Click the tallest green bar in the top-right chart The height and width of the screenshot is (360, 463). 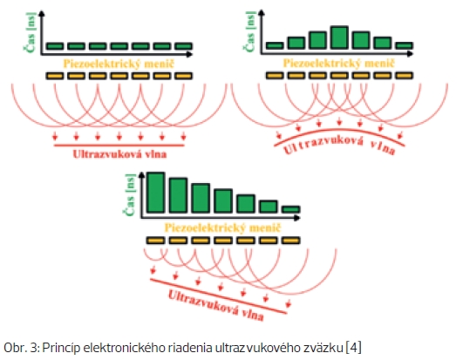click(x=339, y=37)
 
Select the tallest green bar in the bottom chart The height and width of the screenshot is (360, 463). click(x=155, y=193)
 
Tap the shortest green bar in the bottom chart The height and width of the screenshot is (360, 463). click(x=291, y=209)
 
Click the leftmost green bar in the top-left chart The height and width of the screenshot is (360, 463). click(x=55, y=46)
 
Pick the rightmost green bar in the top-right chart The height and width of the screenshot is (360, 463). click(x=404, y=45)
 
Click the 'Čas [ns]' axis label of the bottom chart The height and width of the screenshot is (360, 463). click(x=130, y=194)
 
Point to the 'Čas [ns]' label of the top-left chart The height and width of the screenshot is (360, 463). click(x=31, y=32)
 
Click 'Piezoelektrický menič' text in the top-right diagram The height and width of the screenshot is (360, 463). click(x=338, y=63)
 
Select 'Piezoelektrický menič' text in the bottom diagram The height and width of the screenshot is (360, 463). click(x=222, y=228)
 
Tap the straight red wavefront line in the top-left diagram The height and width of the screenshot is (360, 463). click(x=119, y=146)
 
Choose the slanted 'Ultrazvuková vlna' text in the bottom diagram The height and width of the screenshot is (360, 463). click(x=216, y=305)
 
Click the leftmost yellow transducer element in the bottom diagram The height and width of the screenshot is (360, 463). click(x=155, y=241)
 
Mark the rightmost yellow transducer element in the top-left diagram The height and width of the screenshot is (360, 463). click(x=184, y=76)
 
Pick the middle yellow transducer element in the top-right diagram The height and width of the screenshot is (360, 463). click(x=339, y=76)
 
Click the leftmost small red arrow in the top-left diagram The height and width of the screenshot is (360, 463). click(x=55, y=136)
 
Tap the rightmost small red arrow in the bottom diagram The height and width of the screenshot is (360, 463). click(x=289, y=303)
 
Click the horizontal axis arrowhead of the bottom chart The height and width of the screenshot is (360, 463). click(x=297, y=218)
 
